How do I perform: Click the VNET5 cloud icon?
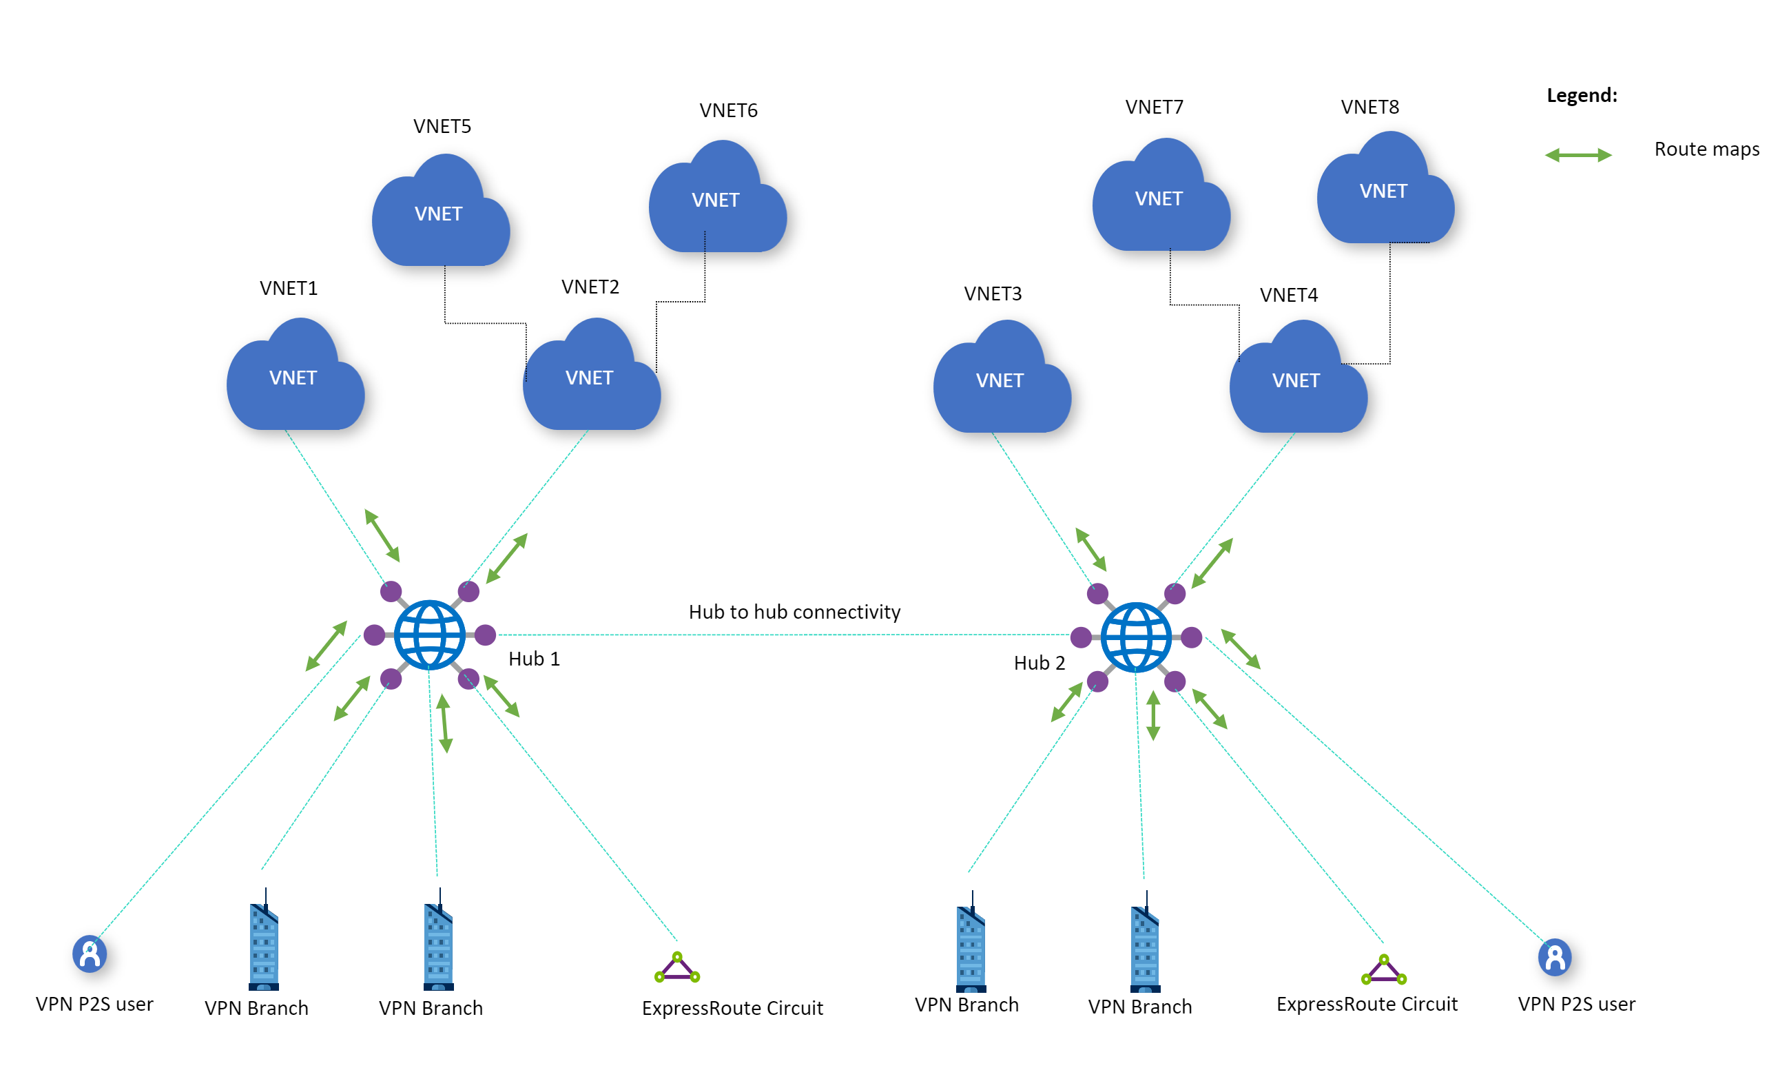pyautogui.click(x=440, y=214)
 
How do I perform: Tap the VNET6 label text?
pyautogui.click(x=728, y=110)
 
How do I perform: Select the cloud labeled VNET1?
pyautogui.click(x=295, y=378)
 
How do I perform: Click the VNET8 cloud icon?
pyautogui.click(x=1385, y=191)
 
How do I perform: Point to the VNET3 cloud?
pyautogui.click(x=1001, y=380)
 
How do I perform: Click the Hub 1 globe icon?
pyautogui.click(x=430, y=635)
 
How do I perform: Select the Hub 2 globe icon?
pyautogui.click(x=1136, y=637)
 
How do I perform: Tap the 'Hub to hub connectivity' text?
pyautogui.click(x=794, y=611)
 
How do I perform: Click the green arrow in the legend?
pyautogui.click(x=1578, y=155)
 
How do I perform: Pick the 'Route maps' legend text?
pyautogui.click(x=1706, y=150)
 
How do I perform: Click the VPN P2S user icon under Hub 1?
pyautogui.click(x=90, y=954)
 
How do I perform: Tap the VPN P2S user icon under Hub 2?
pyautogui.click(x=1555, y=958)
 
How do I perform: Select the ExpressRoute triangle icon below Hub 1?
pyautogui.click(x=677, y=968)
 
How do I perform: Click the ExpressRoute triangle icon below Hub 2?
pyautogui.click(x=1383, y=971)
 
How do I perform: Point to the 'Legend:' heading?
pyautogui.click(x=1582, y=95)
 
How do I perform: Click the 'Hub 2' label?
pyautogui.click(x=1039, y=663)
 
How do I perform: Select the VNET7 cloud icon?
pyautogui.click(x=1161, y=198)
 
